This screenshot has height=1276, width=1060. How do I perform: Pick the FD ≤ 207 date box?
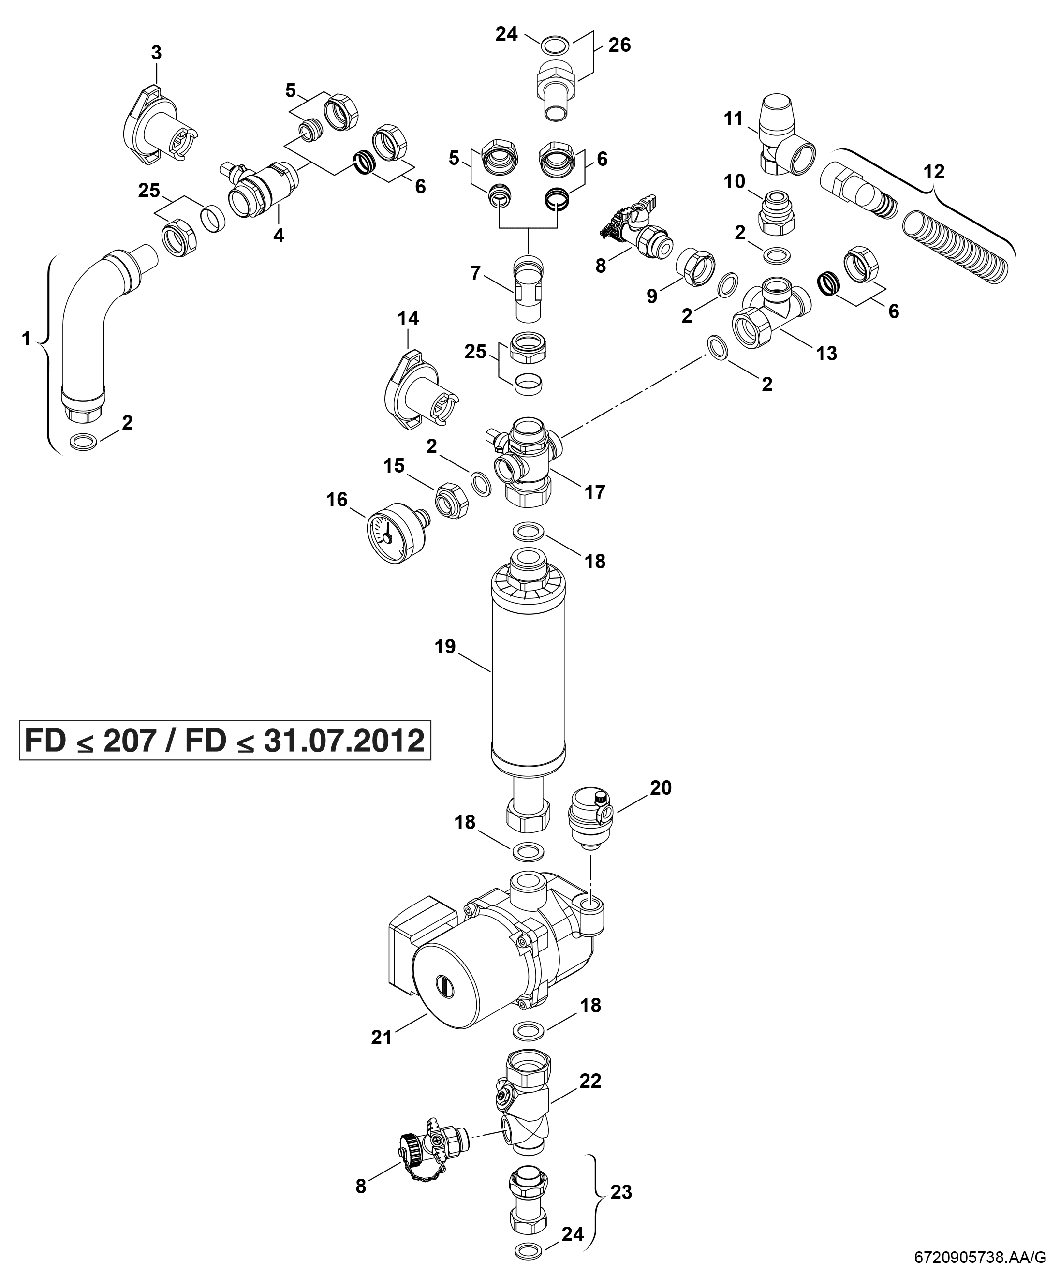[x=225, y=741]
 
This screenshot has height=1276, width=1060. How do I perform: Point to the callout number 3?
[x=156, y=53]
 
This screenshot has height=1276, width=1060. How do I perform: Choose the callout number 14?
[x=408, y=318]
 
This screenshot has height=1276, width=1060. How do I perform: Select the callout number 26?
[x=619, y=45]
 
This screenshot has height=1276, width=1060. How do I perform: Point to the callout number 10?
[x=735, y=181]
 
